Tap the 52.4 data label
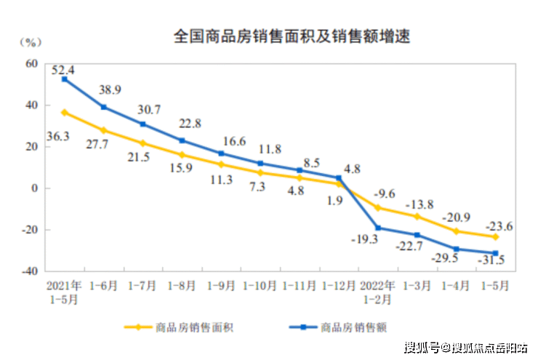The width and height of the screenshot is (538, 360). [x=63, y=70]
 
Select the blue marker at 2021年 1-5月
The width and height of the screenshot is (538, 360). [x=65, y=79]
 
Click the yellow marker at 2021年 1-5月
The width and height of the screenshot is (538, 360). [x=65, y=112]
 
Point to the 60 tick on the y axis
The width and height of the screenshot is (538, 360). [x=31, y=63]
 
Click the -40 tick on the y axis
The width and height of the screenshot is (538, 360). [x=28, y=271]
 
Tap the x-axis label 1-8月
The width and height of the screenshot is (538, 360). [x=182, y=287]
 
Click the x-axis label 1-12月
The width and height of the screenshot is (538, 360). [x=339, y=287]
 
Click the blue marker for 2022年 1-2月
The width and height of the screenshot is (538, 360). [x=378, y=228]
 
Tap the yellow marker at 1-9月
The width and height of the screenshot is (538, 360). [x=221, y=164]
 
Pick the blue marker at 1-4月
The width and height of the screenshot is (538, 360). [x=457, y=249]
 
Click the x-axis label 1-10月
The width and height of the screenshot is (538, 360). [x=260, y=287]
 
